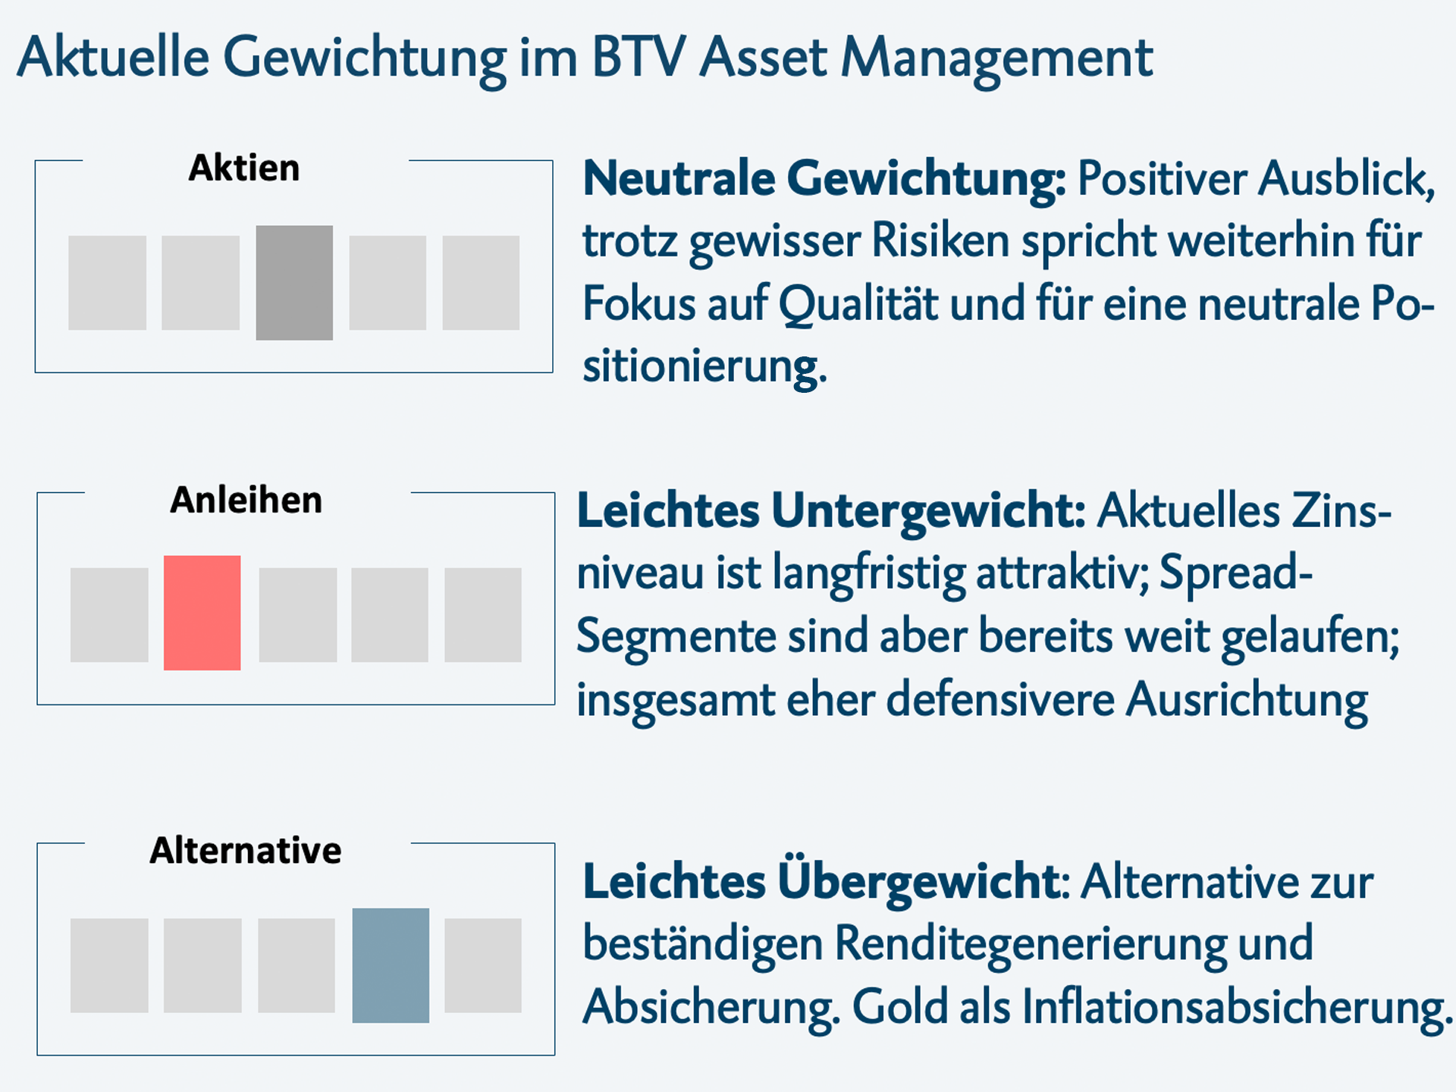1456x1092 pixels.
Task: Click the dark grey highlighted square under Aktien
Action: click(x=294, y=282)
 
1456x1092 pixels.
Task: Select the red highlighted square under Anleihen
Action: click(x=202, y=613)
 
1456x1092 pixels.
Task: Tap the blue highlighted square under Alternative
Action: click(x=391, y=965)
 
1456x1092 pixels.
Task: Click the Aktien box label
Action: click(x=244, y=168)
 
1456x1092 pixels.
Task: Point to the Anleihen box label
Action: click(x=246, y=500)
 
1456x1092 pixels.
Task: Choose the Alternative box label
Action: click(x=246, y=850)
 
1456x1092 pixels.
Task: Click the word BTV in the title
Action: click(x=639, y=58)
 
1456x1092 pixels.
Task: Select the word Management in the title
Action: click(x=997, y=58)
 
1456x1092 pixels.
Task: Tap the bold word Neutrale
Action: click(x=679, y=179)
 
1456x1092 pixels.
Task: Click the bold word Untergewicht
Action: click(x=928, y=511)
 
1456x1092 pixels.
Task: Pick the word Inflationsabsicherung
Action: click(x=1236, y=1007)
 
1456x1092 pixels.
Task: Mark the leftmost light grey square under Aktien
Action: click(x=107, y=282)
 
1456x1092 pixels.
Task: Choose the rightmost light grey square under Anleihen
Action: click(x=483, y=614)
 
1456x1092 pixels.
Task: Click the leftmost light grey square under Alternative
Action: click(x=109, y=965)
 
